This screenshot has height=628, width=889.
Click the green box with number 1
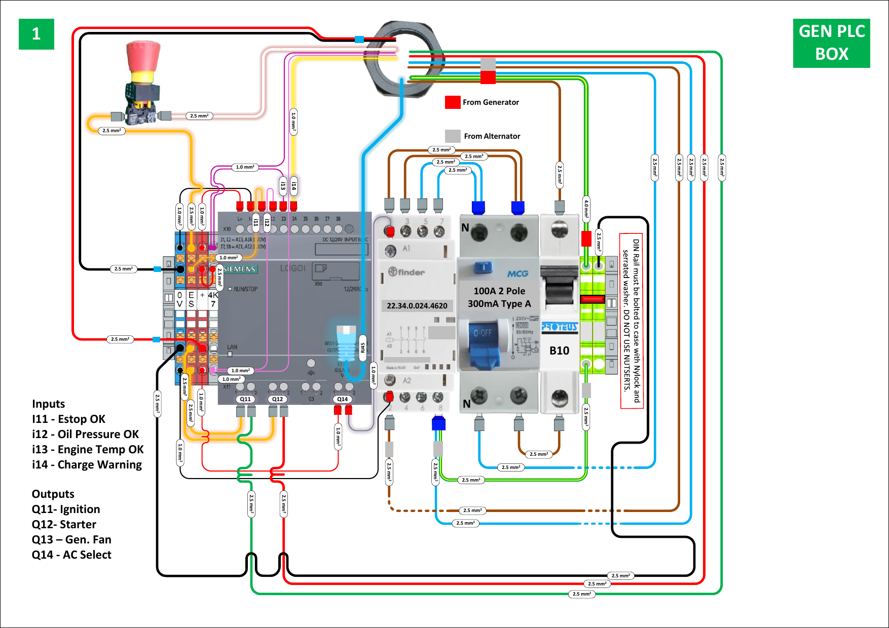pyautogui.click(x=36, y=34)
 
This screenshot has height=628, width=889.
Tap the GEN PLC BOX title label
pyautogui.click(x=831, y=43)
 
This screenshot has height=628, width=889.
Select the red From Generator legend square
pyautogui.click(x=452, y=102)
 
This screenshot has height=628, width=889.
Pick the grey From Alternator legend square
pyautogui.click(x=452, y=136)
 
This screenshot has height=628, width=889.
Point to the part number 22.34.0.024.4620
pyautogui.click(x=417, y=306)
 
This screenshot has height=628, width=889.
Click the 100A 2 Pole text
pyautogui.click(x=499, y=291)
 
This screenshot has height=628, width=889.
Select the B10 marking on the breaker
pyautogui.click(x=559, y=350)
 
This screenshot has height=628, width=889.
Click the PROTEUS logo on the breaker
pyautogui.click(x=559, y=327)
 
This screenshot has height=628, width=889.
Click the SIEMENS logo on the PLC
pyautogui.click(x=239, y=269)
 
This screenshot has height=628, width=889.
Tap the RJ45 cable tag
pyautogui.click(x=362, y=348)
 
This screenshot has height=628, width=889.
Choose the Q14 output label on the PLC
pyautogui.click(x=343, y=399)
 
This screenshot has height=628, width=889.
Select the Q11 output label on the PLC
pyautogui.click(x=245, y=399)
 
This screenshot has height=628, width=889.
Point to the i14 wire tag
pyautogui.click(x=293, y=186)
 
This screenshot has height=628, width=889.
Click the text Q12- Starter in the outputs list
pyautogui.click(x=64, y=525)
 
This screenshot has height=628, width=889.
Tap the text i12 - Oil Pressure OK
pyautogui.click(x=85, y=435)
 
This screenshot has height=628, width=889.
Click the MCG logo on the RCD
pyautogui.click(x=517, y=273)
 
